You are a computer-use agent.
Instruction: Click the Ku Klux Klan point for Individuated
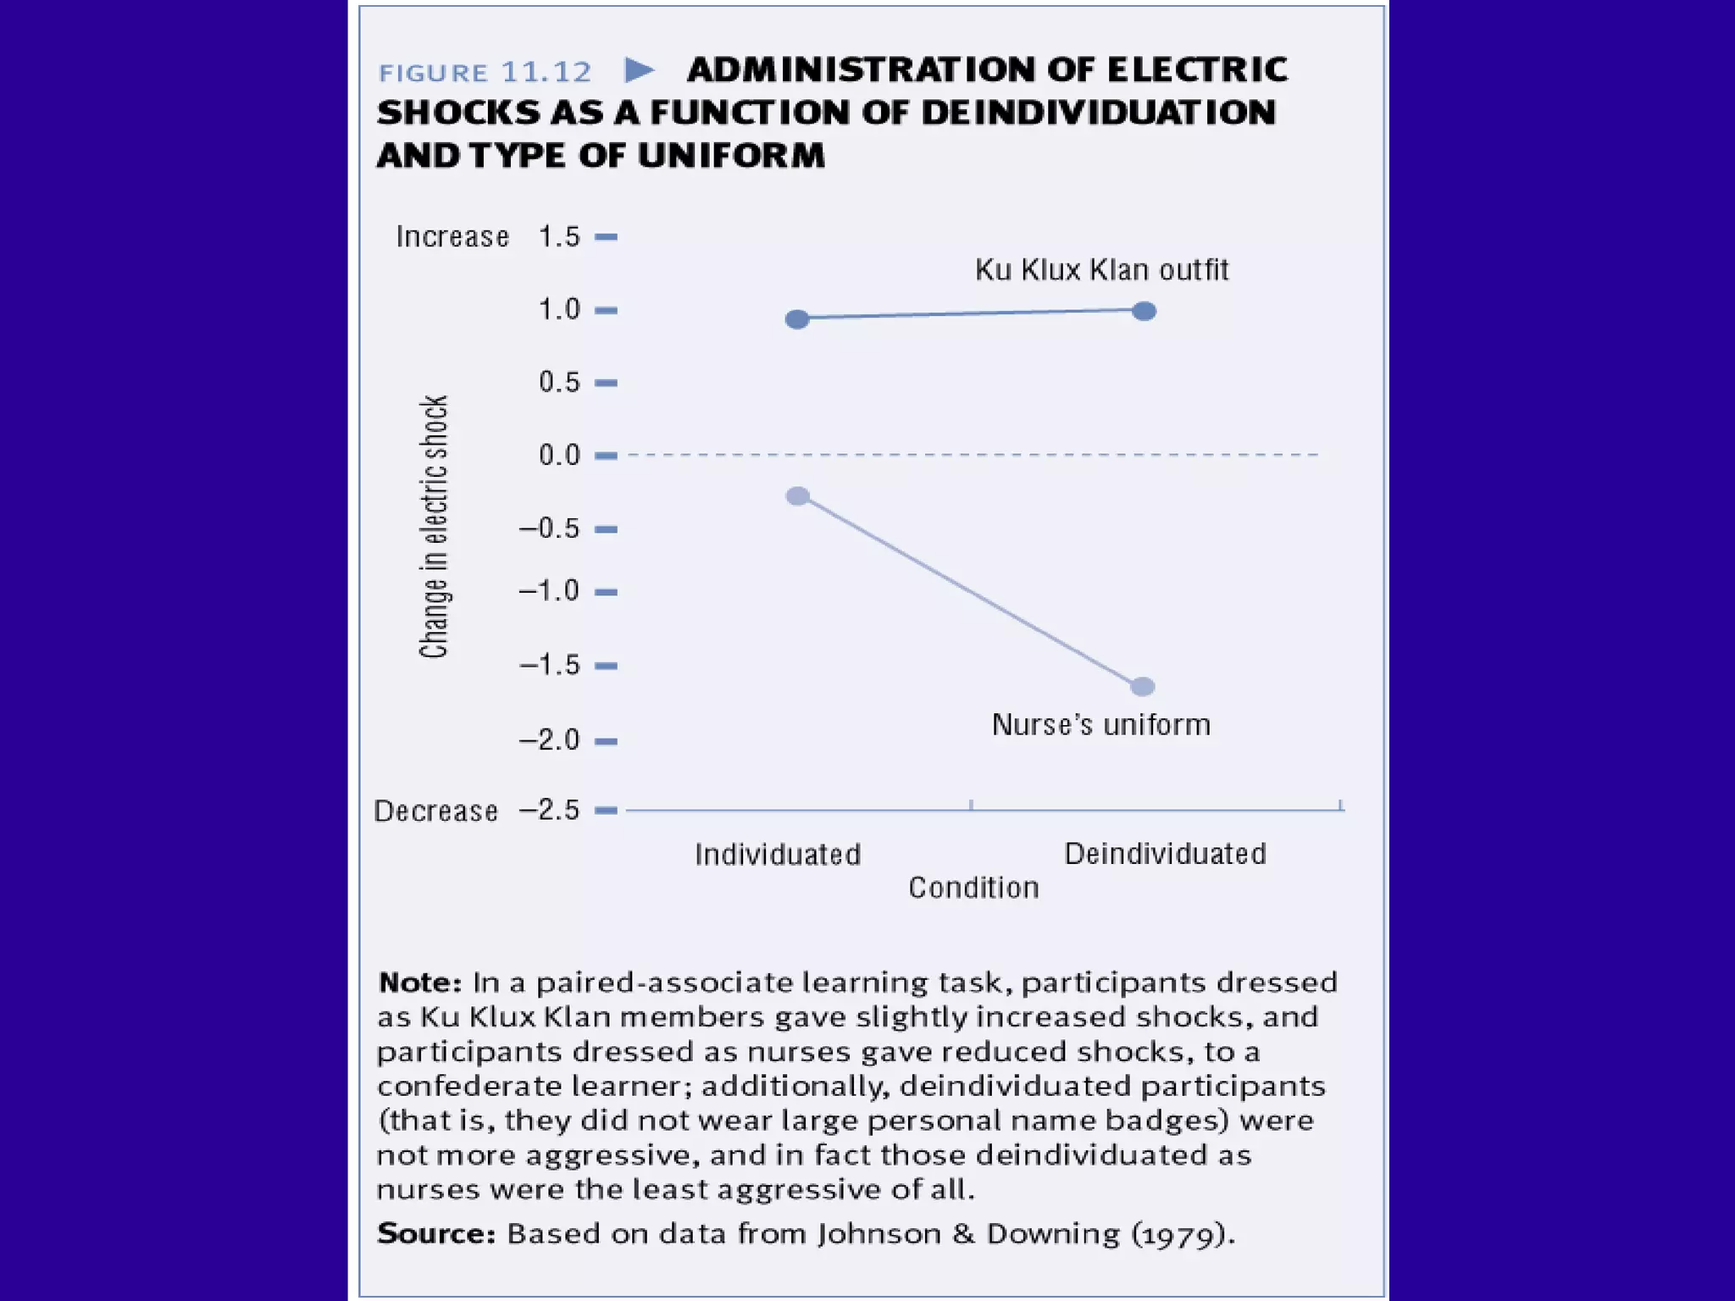[x=797, y=319]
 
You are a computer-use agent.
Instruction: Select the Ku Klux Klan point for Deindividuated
[x=1144, y=312]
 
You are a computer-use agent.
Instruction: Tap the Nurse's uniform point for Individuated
[x=797, y=496]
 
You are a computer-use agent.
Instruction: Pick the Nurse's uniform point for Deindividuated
[x=1143, y=686]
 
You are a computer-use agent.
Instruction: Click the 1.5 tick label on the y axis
[x=559, y=236]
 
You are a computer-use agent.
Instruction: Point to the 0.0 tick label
[x=559, y=456]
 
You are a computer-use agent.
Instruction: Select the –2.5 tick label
[x=550, y=811]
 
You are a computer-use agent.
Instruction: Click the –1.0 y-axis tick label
[x=550, y=591]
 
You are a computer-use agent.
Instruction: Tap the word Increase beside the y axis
[x=452, y=237]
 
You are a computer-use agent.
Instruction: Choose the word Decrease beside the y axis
[x=435, y=811]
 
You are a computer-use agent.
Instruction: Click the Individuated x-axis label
[x=778, y=855]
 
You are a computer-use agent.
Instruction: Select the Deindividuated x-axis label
[x=1165, y=854]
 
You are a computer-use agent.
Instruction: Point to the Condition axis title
[x=973, y=888]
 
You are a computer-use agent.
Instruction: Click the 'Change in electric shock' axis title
[x=434, y=527]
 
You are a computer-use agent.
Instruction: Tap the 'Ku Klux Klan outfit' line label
[x=1101, y=270]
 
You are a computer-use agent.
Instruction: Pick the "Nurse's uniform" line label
[x=1101, y=725]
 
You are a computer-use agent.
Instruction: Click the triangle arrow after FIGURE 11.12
[x=639, y=69]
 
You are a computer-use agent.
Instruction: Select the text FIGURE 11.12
[x=485, y=73]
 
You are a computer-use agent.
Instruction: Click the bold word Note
[x=419, y=983]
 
